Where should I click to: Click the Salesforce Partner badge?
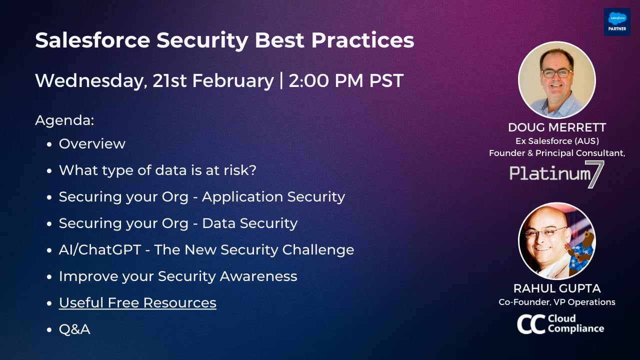click(x=616, y=21)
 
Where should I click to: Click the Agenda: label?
click(x=64, y=120)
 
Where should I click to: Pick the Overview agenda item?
click(x=92, y=143)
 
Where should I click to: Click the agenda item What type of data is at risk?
click(x=157, y=170)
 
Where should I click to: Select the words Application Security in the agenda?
click(x=273, y=196)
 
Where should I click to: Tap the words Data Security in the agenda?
click(x=249, y=223)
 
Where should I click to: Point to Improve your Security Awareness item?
click(x=178, y=276)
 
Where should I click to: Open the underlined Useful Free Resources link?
click(x=137, y=302)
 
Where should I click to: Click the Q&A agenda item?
click(x=74, y=329)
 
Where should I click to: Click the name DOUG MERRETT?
click(x=557, y=127)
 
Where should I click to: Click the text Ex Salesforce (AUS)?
click(x=557, y=141)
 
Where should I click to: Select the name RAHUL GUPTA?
click(x=557, y=288)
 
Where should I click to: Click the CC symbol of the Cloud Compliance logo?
click(x=530, y=324)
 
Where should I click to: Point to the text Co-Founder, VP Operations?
click(x=557, y=302)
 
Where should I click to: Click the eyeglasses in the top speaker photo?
click(x=556, y=72)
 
